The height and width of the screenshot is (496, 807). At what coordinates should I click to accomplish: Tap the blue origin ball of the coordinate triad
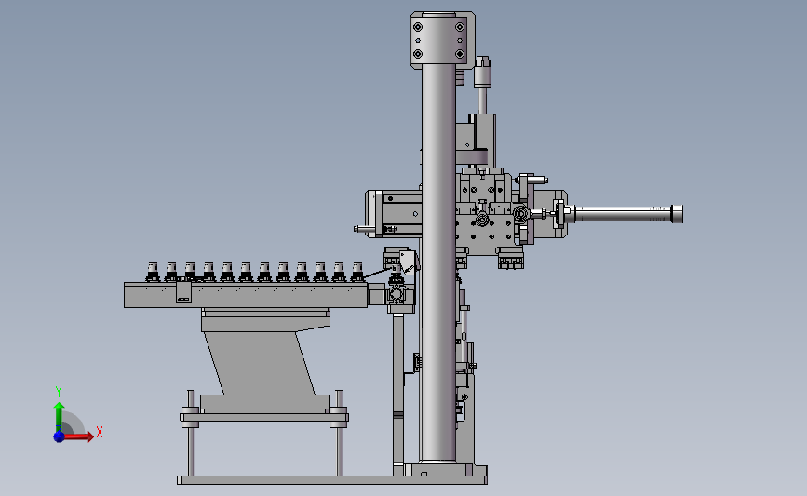pos(59,436)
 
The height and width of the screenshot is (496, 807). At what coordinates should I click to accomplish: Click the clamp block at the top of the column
pos(442,40)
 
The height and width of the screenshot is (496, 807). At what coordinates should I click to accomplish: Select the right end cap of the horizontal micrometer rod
pos(677,214)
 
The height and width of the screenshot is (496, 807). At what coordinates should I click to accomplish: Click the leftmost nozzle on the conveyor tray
pos(153,271)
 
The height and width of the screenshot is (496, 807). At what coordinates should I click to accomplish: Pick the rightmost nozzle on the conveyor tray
pos(356,271)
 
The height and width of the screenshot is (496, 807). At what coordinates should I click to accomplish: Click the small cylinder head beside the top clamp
pos(481,72)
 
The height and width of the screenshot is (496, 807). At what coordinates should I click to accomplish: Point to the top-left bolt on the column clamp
pos(418,27)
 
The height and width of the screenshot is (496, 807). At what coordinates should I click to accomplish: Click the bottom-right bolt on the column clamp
pos(459,55)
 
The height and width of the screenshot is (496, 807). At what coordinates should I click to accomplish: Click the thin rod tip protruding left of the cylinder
pos(357,229)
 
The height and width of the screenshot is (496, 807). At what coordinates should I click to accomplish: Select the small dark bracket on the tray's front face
pos(183,295)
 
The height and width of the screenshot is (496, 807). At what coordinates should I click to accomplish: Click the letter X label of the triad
pos(99,432)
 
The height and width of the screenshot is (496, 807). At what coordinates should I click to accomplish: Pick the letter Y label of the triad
pos(59,392)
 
